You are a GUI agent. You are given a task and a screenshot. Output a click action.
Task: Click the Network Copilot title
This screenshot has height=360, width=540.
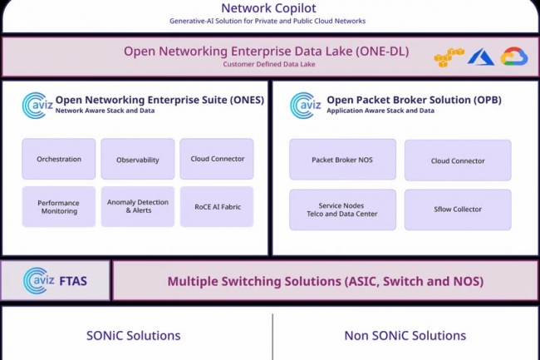pos(268,8)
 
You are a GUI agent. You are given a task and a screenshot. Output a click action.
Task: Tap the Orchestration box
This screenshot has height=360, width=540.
pos(59,159)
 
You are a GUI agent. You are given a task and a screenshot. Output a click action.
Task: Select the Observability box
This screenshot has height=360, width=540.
pos(138,159)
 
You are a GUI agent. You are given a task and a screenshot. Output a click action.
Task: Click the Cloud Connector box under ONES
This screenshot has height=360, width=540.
pos(217,159)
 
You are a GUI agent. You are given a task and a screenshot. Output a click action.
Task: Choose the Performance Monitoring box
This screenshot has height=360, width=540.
pos(59,207)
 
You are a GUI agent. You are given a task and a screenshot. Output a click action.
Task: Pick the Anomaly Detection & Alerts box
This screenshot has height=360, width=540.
pos(138,207)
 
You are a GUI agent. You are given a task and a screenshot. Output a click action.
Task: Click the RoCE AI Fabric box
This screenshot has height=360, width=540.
pos(217,207)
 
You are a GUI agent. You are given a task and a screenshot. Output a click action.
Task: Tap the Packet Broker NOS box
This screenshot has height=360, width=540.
pos(342,160)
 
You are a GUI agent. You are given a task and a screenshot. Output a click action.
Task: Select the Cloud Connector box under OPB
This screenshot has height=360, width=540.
pos(458,160)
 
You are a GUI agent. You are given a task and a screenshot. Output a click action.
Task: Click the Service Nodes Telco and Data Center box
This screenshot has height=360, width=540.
pos(342,210)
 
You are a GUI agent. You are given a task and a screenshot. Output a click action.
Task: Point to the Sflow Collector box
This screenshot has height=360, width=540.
pos(458,210)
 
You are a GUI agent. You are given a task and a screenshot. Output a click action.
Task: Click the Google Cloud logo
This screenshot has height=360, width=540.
pos(514,57)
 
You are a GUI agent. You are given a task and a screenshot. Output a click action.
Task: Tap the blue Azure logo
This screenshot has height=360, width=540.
pos(481,57)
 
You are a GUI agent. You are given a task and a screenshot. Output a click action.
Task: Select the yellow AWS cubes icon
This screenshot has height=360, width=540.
pos(449,57)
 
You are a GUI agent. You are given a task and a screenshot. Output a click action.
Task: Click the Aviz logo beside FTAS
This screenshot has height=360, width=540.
pos(38,280)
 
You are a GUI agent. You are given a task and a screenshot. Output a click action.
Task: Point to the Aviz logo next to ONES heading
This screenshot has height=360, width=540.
pos(37,105)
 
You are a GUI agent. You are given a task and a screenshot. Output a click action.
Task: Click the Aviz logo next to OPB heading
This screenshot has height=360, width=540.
pos(306,105)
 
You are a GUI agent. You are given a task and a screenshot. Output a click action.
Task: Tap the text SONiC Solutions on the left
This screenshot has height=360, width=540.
pos(133,336)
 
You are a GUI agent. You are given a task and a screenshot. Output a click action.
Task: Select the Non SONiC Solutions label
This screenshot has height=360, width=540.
pos(405,336)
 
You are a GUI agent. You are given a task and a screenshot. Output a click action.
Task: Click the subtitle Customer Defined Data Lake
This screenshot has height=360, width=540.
pos(269,64)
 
